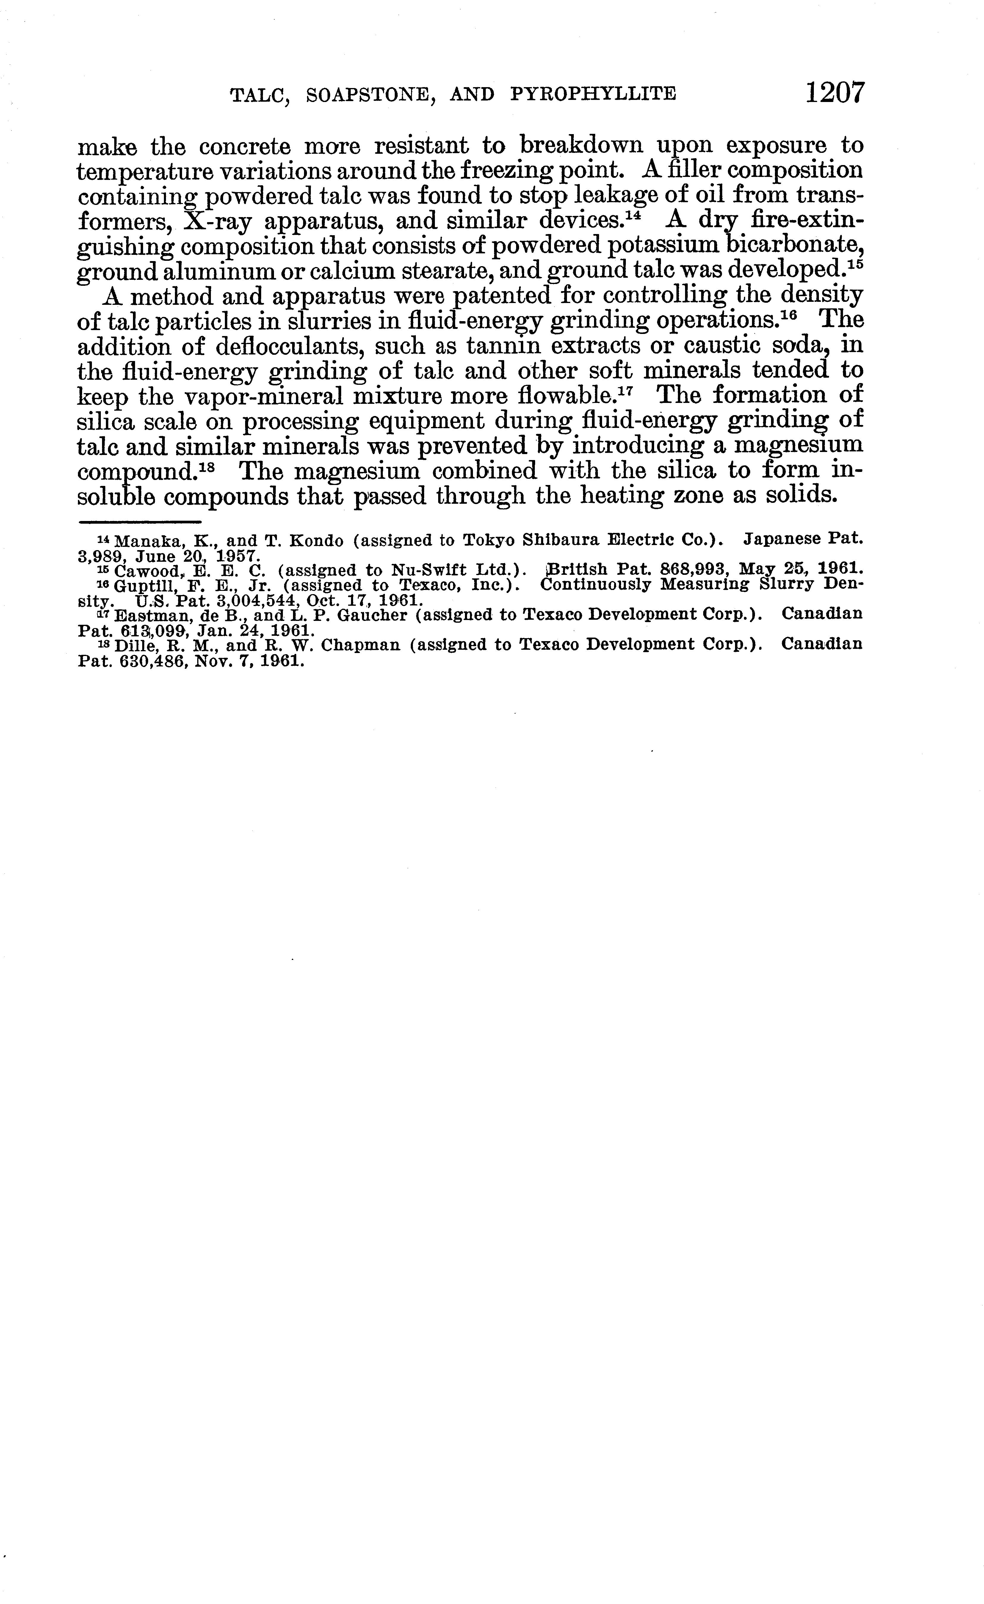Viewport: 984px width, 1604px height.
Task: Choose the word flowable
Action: pyautogui.click(x=565, y=396)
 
